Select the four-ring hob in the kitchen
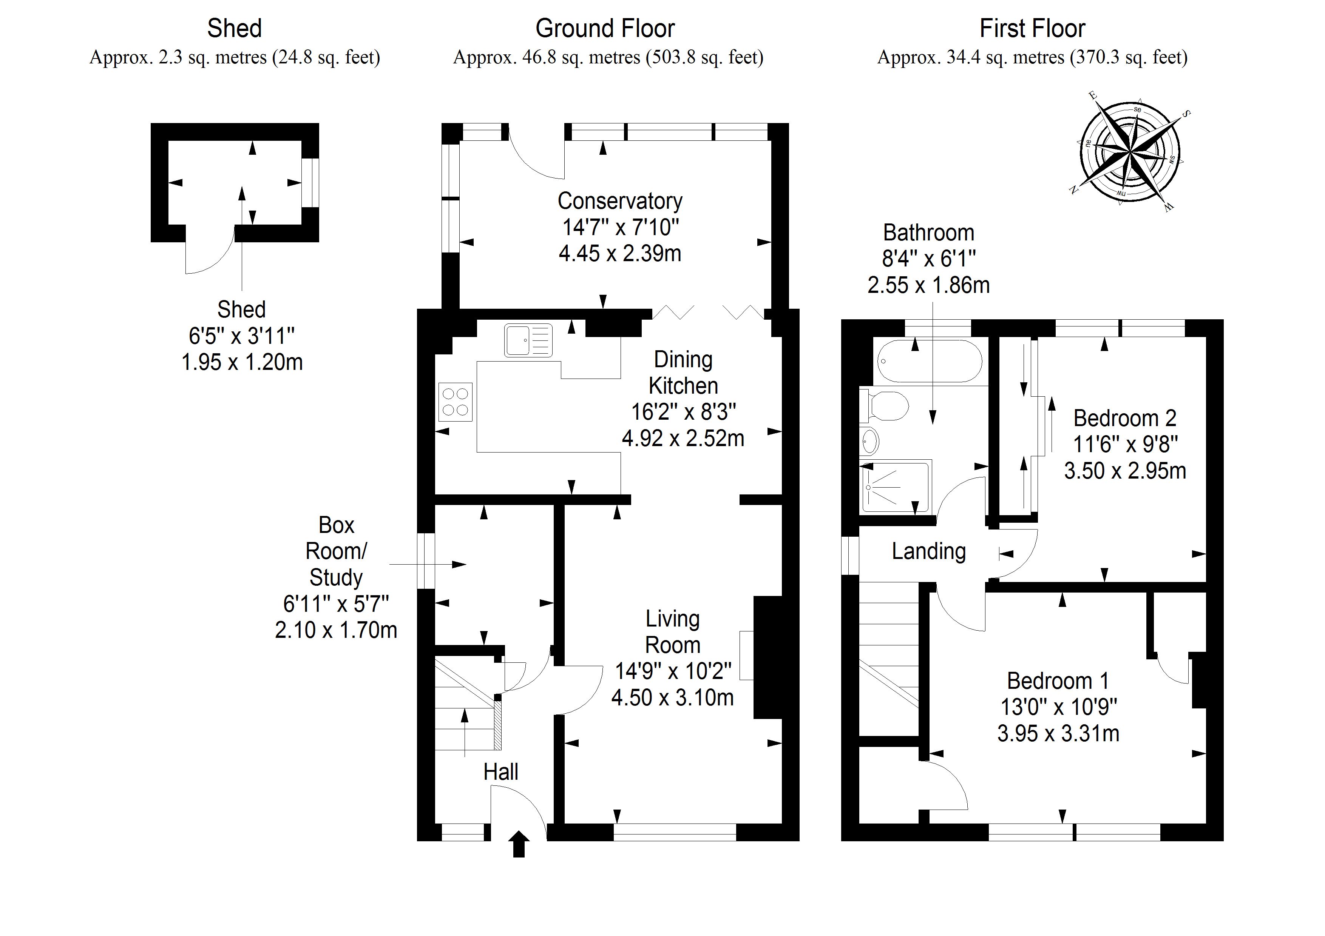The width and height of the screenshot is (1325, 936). [455, 402]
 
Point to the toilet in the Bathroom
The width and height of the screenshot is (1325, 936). [883, 406]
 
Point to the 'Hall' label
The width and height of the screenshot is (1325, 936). [500, 772]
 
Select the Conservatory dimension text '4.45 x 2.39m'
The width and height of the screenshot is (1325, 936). [620, 253]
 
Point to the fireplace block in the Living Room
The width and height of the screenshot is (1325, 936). [768, 657]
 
